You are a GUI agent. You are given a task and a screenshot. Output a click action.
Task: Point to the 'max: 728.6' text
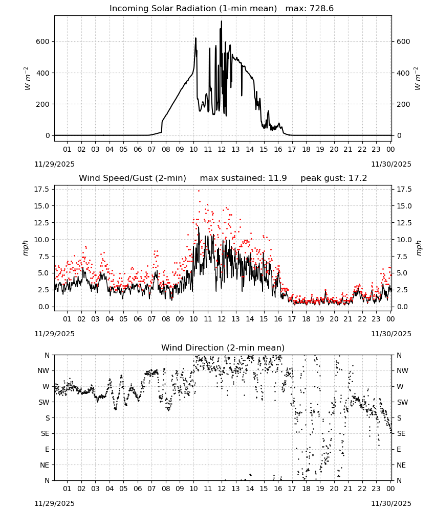310,9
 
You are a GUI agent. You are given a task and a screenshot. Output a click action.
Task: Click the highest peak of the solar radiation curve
222,21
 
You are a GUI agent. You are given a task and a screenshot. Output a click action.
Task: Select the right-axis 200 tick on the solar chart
403,104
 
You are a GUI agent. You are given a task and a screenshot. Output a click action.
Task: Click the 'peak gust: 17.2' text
334,178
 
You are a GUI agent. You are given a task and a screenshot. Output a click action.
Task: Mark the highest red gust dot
199,191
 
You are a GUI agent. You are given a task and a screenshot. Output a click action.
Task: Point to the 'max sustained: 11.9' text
243,178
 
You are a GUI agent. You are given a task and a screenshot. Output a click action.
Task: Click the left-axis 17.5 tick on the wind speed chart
42,190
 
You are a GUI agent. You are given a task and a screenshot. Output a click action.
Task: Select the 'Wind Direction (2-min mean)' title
223,347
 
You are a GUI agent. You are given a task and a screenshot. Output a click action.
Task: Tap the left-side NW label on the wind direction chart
43,371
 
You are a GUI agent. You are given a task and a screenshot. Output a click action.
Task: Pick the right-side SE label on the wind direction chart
401,433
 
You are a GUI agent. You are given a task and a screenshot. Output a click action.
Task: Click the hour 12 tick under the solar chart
222,149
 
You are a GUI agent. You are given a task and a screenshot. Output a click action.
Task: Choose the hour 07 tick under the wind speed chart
151,319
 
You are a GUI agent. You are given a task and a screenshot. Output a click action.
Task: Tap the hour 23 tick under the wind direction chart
376,489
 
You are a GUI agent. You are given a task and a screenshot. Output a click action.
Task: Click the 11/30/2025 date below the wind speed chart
391,334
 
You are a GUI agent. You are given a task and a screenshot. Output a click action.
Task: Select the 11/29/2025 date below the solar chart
54,164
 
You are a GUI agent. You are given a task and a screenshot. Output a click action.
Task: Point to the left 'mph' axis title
26,248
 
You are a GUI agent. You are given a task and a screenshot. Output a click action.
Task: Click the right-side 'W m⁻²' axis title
418,79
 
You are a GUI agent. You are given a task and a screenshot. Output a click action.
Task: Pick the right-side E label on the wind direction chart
399,449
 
